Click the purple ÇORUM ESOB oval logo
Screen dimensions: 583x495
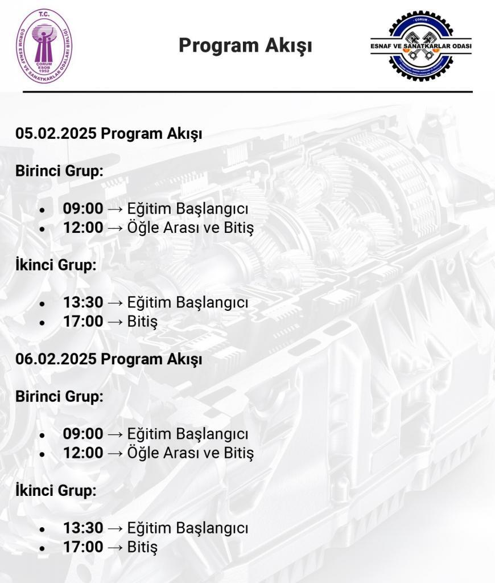point(44,46)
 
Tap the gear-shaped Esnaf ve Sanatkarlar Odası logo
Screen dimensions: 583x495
point(421,46)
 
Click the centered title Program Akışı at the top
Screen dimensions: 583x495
point(245,46)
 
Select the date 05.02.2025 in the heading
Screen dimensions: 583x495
point(57,134)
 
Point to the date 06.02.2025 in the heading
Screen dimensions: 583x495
point(57,360)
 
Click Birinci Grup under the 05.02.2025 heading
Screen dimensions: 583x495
point(59,171)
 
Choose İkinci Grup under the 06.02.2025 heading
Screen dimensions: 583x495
point(56,490)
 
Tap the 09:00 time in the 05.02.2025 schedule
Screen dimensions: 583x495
point(83,208)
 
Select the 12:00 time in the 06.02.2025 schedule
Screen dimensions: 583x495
point(83,453)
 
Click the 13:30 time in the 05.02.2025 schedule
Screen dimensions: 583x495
point(83,302)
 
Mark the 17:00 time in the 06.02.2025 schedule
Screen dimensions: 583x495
point(83,547)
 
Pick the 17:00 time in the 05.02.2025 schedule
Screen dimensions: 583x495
point(83,322)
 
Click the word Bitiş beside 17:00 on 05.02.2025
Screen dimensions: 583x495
point(142,322)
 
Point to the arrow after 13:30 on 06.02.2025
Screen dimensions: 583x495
point(115,528)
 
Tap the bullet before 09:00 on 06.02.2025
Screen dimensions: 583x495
point(42,436)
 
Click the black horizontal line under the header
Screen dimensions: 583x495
point(247,91)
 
